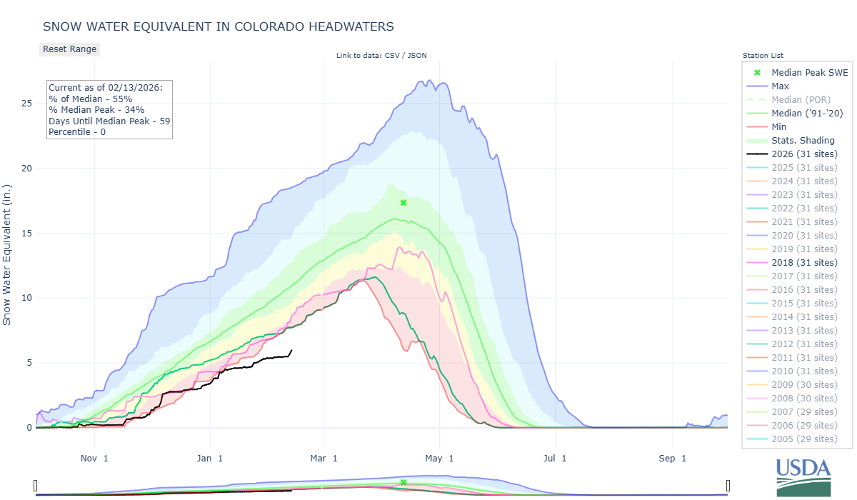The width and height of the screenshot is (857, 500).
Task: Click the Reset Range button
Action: tap(69, 49)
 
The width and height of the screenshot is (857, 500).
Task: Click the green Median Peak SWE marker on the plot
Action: tap(404, 203)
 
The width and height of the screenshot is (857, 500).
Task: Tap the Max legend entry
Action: tap(780, 86)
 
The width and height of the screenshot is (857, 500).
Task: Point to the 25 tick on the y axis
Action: tap(26, 104)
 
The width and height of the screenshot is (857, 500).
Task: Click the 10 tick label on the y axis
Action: tap(26, 298)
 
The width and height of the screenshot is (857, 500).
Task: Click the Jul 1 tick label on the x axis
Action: tap(554, 458)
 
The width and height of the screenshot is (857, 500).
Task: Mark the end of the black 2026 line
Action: tap(291, 350)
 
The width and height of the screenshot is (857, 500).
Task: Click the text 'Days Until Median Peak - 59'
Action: tap(109, 121)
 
